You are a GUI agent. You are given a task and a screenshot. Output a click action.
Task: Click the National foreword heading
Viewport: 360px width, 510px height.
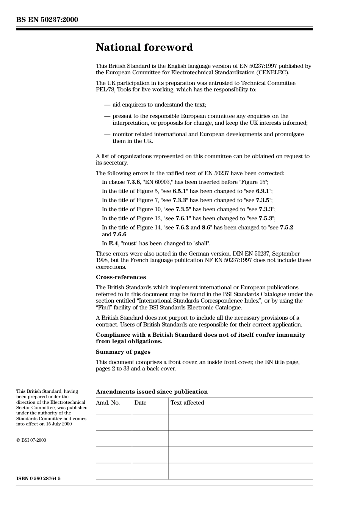144,47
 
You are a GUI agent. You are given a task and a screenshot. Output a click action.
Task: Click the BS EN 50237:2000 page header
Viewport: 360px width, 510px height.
47,20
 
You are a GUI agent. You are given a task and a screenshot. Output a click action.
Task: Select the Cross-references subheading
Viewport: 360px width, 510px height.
121,277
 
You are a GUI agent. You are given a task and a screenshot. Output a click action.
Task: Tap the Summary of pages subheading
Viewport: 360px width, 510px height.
123,352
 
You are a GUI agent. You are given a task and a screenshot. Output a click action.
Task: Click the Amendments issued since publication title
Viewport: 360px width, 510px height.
152,392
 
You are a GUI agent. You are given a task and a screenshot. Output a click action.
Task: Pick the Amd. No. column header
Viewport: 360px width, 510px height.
108,403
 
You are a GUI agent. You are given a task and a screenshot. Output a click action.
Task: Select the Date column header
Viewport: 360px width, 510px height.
140,403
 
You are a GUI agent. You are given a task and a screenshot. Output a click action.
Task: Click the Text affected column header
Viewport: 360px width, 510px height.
187,403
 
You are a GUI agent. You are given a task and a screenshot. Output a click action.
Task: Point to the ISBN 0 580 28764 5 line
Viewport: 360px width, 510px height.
38,479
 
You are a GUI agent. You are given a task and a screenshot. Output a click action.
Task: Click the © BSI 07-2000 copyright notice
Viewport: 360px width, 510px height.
31,440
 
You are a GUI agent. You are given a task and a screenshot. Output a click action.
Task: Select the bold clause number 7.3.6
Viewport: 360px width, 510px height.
134,182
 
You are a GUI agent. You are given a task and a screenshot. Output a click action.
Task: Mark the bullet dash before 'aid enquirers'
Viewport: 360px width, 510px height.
107,105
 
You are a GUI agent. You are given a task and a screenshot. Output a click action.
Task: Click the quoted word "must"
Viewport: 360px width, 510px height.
129,243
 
